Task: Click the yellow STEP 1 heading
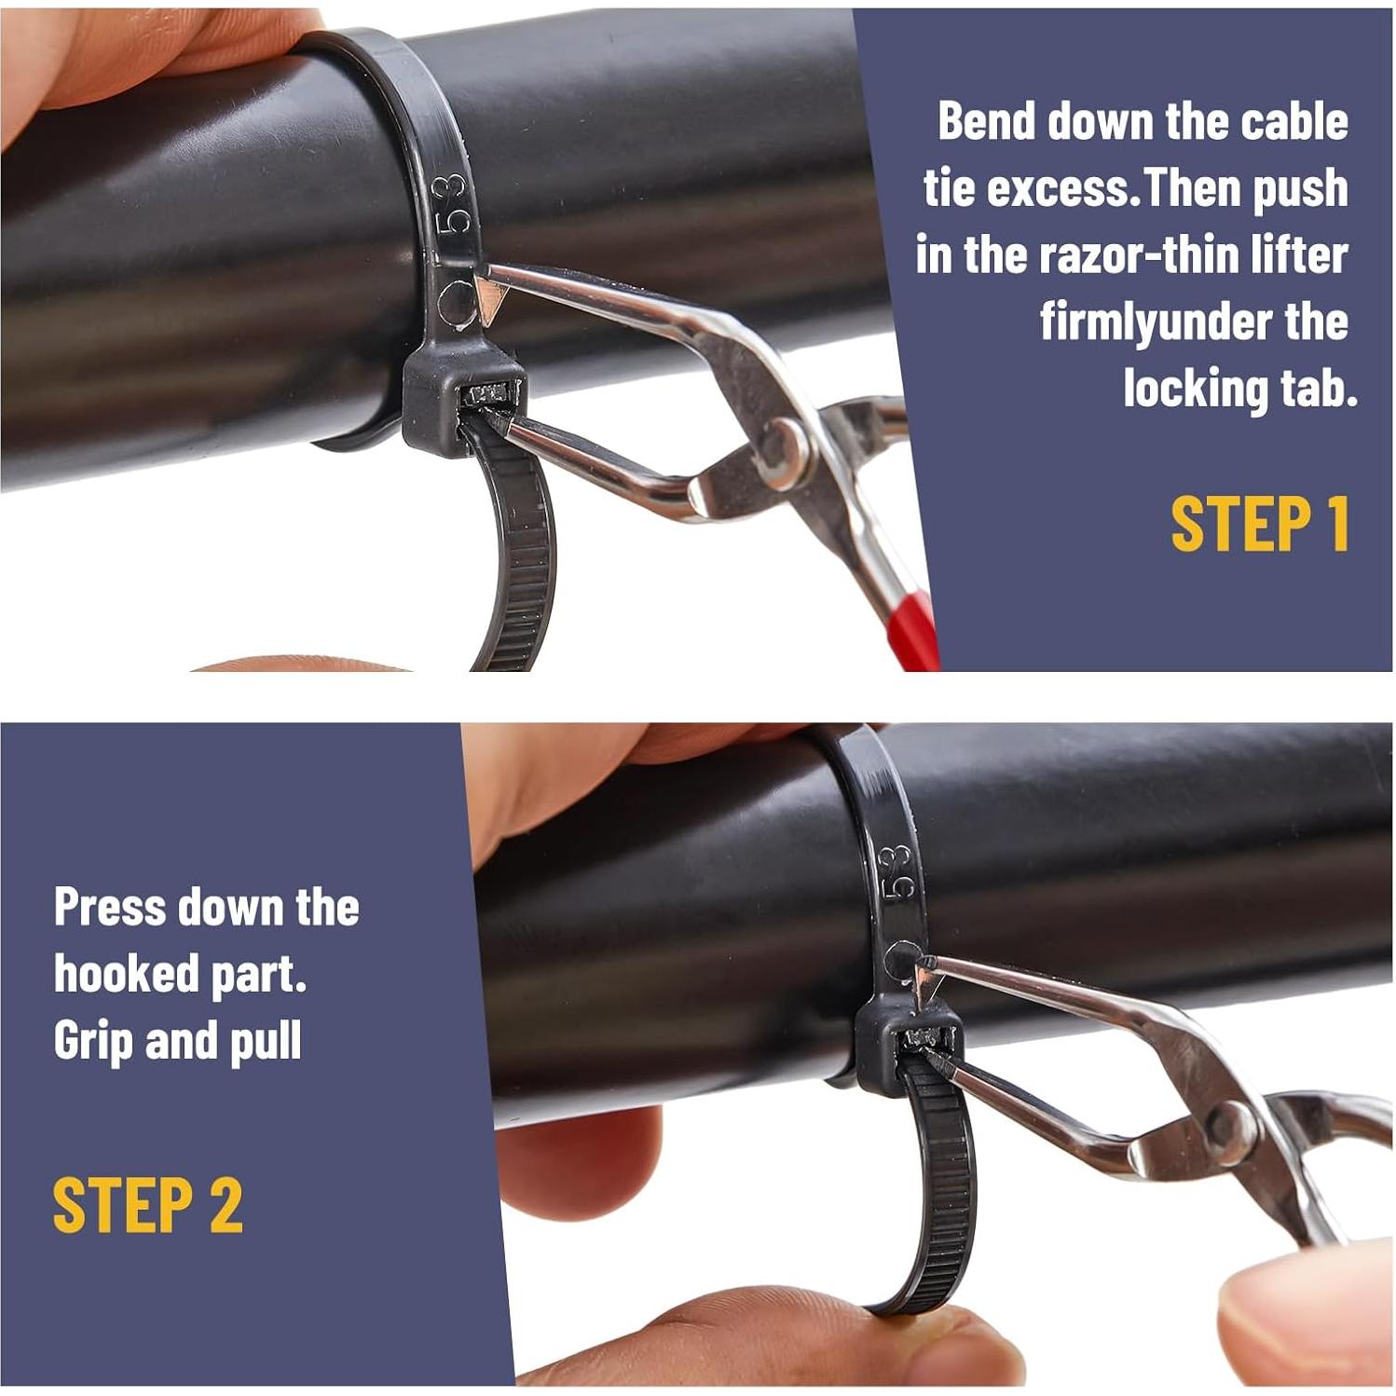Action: click(x=1260, y=524)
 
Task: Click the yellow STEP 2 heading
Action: click(x=147, y=1205)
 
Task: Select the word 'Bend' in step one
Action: click(x=986, y=121)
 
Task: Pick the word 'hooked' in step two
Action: click(x=126, y=974)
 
